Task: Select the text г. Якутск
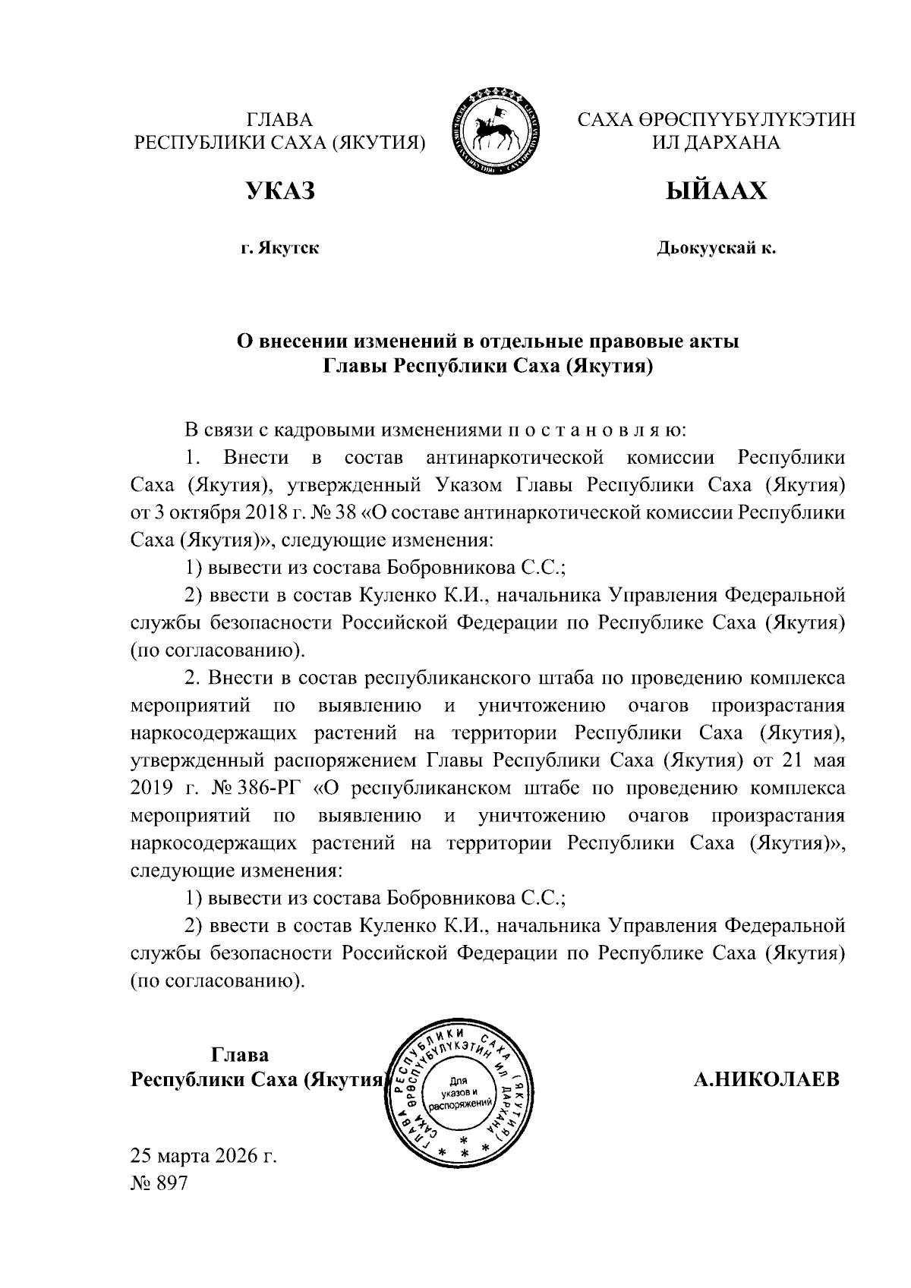pyautogui.click(x=279, y=248)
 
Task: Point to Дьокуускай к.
pyautogui.click(x=716, y=248)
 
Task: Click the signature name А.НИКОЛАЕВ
pyautogui.click(x=767, y=1079)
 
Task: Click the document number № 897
pyautogui.click(x=159, y=1183)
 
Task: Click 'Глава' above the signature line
pyautogui.click(x=239, y=1054)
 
